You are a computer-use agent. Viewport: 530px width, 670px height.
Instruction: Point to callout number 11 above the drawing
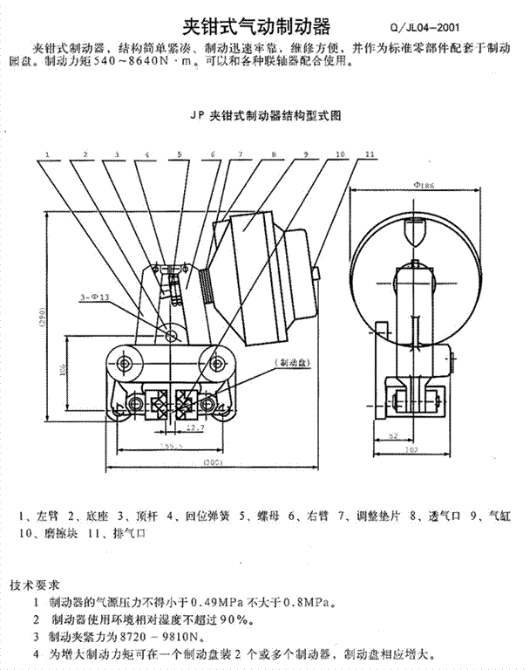[370, 154]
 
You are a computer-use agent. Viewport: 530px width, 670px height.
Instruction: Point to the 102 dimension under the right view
[411, 450]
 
